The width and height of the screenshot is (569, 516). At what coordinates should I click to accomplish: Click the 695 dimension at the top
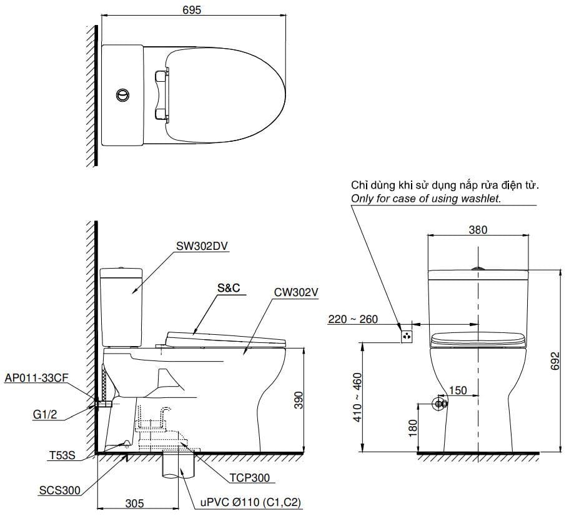point(192,11)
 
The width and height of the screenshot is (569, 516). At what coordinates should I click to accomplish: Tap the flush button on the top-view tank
point(123,95)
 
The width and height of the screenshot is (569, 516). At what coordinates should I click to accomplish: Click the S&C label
point(228,288)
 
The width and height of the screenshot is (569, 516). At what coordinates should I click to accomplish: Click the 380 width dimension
point(478,230)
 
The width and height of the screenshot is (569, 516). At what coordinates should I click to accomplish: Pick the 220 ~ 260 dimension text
point(353,319)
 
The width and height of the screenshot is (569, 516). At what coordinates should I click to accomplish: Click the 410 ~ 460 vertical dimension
point(357,397)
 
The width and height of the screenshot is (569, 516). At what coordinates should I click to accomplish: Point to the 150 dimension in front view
point(458,390)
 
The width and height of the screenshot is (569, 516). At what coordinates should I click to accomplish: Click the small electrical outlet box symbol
point(407,336)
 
